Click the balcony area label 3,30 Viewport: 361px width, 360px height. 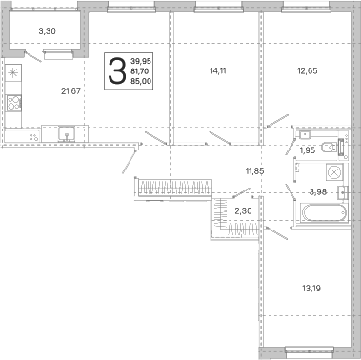tap(48, 31)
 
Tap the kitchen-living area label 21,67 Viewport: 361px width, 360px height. tap(70, 91)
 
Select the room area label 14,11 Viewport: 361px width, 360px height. tap(218, 70)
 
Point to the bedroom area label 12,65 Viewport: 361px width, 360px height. tap(308, 70)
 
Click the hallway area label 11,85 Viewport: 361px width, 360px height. tap(254, 171)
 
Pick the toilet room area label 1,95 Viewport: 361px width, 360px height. tap(308, 150)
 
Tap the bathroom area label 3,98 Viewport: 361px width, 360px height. tap(318, 191)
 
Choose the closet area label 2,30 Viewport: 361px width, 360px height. tap(243, 210)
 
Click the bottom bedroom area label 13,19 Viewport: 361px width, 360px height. tap(311, 289)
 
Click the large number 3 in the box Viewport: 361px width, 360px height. tap(117, 70)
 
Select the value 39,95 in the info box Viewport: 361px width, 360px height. tap(141, 61)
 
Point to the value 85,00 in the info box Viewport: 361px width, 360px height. tap(141, 81)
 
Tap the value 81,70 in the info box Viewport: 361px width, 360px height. tap(140, 71)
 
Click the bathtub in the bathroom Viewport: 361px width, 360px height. tap(324, 212)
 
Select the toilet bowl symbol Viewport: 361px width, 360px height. tap(329, 147)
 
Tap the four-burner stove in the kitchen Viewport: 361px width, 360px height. tap(13, 103)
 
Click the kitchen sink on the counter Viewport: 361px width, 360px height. tap(67, 133)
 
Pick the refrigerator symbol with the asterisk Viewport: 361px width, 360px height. tap(13, 73)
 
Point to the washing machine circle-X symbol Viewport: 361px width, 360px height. tap(334, 172)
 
